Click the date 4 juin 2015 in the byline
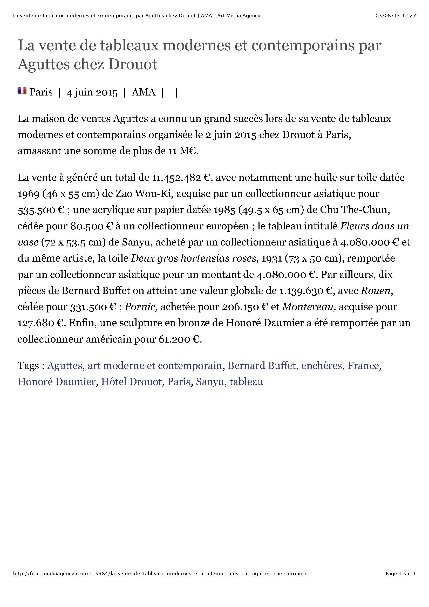[x=92, y=93]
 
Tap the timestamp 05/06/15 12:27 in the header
[x=396, y=16]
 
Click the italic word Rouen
[x=375, y=291]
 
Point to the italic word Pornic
[x=141, y=307]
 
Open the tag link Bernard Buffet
[x=261, y=366]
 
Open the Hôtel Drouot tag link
[x=131, y=382]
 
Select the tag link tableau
[x=246, y=382]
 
